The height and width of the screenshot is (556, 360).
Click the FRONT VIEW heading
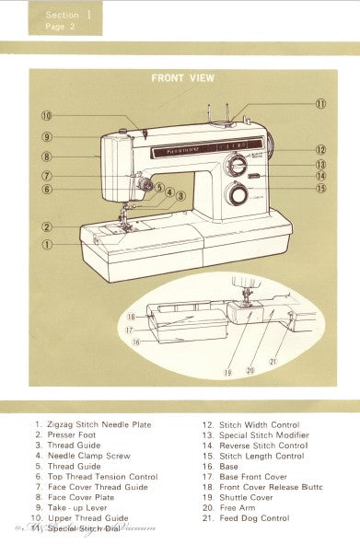(182, 79)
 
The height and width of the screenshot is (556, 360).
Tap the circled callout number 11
(320, 104)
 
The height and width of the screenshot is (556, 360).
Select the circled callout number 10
(46, 116)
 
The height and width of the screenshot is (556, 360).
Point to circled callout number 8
(46, 156)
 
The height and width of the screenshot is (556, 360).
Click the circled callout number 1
(46, 244)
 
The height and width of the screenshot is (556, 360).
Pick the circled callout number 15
(320, 189)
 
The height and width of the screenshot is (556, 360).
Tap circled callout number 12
(320, 149)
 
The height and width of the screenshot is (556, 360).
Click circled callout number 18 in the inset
(132, 316)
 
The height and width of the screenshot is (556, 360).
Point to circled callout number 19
(227, 373)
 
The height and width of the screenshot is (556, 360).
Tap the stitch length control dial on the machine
(240, 195)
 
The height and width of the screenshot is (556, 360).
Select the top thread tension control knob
(143, 185)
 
